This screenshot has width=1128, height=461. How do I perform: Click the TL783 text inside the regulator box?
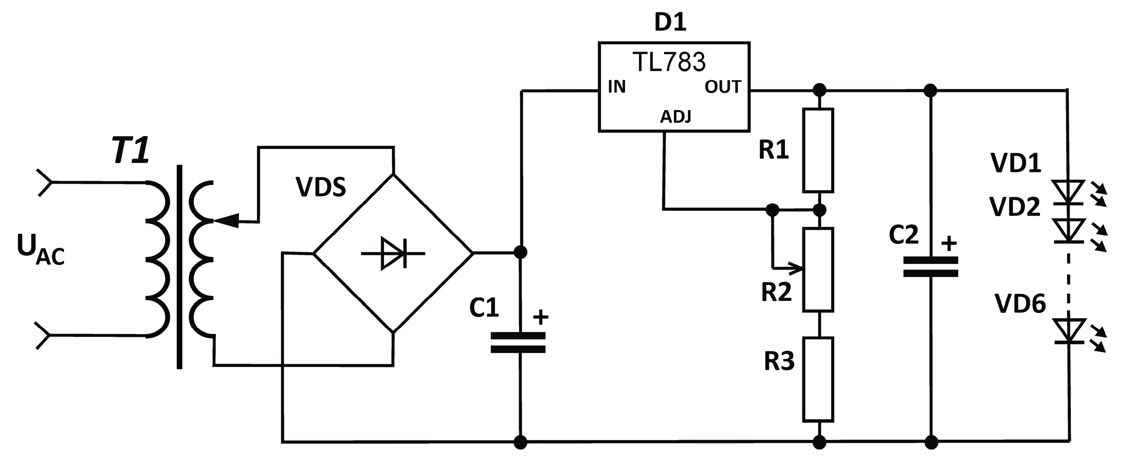point(669,62)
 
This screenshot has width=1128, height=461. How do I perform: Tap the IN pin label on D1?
point(616,87)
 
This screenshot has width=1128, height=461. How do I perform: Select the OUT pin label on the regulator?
point(723,87)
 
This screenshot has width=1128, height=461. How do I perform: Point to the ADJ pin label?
point(675,117)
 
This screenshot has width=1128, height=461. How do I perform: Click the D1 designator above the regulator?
point(670,22)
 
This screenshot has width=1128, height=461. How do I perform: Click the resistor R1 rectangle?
point(818,150)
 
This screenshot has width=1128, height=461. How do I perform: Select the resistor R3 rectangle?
point(818,379)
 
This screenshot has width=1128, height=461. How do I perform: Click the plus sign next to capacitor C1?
point(541,317)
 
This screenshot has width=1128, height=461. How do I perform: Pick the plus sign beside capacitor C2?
point(949,244)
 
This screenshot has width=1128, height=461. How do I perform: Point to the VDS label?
point(321,187)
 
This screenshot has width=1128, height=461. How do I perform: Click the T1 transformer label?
point(131,150)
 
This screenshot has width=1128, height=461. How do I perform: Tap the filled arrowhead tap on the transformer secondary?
point(228,220)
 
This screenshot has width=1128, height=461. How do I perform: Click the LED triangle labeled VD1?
point(1068,191)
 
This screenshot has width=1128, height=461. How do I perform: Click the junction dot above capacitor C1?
point(520,252)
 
